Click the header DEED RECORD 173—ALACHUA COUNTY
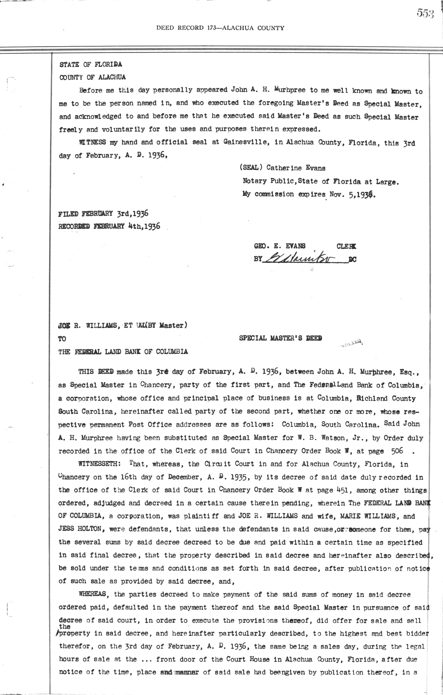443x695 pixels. click(220, 28)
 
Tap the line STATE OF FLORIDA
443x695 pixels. click(91, 65)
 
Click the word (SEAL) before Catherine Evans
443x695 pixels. click(251, 168)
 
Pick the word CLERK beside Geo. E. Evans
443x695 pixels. click(346, 246)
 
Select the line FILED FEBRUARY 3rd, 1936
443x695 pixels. click(103, 214)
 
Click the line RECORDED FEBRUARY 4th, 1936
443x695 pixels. click(109, 226)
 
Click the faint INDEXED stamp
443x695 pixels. click(351, 343)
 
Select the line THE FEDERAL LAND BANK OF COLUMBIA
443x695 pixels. click(123, 352)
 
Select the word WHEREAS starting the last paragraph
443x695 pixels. click(92, 594)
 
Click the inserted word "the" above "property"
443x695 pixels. click(65, 627)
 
